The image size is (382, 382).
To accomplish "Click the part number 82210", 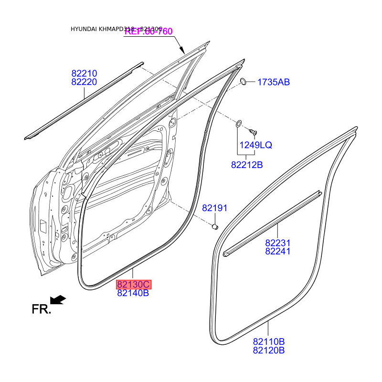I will (x=85, y=74).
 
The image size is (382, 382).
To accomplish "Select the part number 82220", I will (x=85, y=82).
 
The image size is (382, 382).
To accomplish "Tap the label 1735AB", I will (x=274, y=82).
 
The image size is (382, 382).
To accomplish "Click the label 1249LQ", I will (x=255, y=145).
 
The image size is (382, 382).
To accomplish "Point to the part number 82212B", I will (x=247, y=165).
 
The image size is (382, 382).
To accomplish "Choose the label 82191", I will (x=214, y=208).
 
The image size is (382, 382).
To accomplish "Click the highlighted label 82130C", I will (x=134, y=285).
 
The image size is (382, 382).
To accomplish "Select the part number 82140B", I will (x=133, y=293).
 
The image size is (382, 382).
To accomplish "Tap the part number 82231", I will (x=278, y=243).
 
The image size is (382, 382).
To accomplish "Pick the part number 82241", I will (x=278, y=251).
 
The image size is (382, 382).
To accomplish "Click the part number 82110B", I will (x=269, y=341).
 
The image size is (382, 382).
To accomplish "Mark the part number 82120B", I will (x=269, y=350).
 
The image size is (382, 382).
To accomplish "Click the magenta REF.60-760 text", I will (x=149, y=32).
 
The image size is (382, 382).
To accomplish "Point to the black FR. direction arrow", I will (x=58, y=299).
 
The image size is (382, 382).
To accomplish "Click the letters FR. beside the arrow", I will (x=41, y=309).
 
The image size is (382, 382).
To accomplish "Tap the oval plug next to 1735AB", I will (x=243, y=81).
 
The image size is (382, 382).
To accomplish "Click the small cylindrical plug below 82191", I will (x=215, y=225).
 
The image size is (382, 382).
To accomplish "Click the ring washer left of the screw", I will (x=239, y=124).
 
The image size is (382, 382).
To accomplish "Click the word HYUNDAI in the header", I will (x=83, y=29).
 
